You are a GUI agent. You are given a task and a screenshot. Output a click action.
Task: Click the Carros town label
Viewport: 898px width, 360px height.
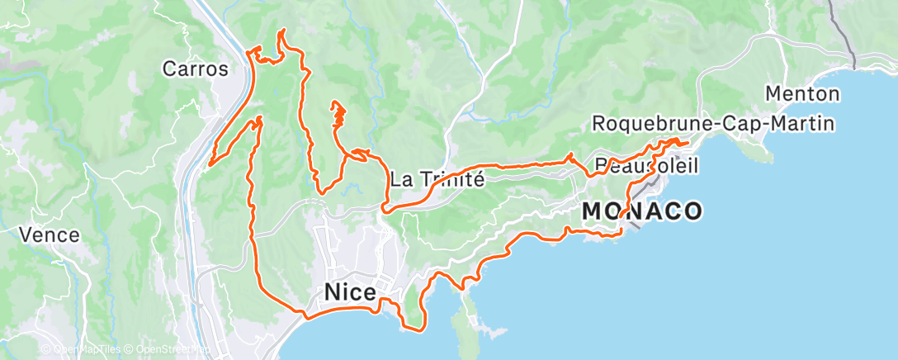(195, 69)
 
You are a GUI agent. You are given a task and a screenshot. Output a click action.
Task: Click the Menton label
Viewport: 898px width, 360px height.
(802, 93)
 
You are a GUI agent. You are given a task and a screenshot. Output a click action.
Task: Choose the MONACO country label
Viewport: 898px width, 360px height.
(642, 211)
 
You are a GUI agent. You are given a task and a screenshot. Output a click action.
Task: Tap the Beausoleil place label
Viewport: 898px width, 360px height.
(646, 166)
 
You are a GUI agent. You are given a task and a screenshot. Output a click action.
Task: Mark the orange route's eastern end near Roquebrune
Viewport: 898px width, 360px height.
(687, 143)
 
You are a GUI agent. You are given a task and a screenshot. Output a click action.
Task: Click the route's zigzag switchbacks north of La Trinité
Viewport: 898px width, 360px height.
(337, 116)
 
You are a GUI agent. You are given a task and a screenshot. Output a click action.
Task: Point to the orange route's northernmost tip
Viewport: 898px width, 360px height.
(284, 31)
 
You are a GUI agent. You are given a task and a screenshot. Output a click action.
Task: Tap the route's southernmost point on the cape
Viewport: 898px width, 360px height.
(413, 329)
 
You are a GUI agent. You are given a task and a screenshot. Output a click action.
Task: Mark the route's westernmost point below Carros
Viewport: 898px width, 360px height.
(210, 163)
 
